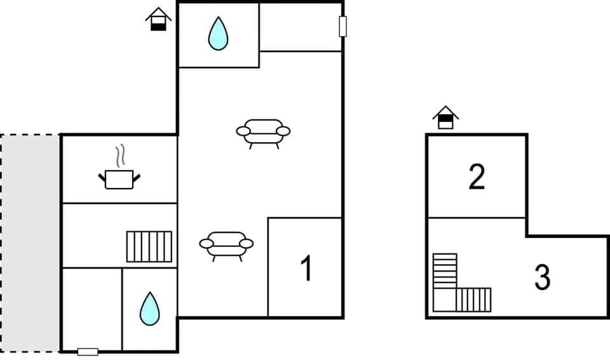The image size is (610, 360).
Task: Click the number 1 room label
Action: [306, 269]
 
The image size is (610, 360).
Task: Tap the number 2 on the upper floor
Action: [477, 177]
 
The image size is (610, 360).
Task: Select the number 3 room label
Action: [542, 277]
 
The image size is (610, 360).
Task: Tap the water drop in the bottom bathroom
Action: [149, 309]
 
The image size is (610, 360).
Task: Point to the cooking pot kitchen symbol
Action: [119, 178]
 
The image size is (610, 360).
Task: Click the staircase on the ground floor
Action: [149, 246]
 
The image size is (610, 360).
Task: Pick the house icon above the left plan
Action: [158, 19]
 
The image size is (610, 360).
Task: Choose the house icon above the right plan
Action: [445, 117]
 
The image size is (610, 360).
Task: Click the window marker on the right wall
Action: [343, 27]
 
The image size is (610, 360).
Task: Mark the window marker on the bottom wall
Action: [88, 352]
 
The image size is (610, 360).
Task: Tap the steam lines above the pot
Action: [119, 156]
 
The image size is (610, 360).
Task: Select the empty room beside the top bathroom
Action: [300, 27]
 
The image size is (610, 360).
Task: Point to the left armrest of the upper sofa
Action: [243, 131]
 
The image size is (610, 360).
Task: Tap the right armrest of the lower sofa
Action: [246, 243]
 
